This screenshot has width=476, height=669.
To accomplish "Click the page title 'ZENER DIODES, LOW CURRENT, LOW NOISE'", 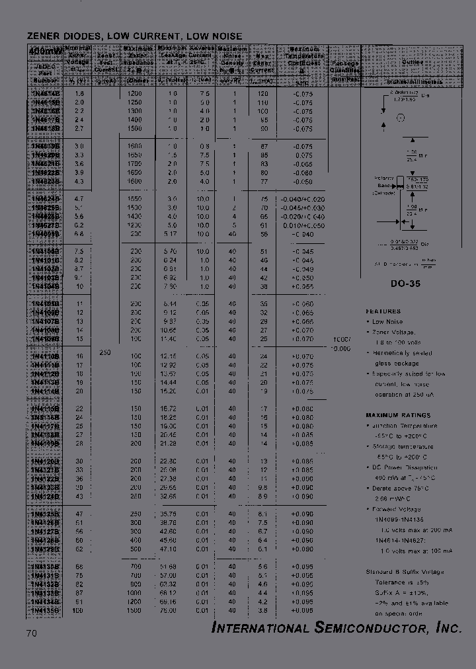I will [134, 36].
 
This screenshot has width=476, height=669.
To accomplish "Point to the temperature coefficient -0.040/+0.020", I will [301, 198].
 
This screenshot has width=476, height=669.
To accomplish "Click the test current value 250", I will [104, 352].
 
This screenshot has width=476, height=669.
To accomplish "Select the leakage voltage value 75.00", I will [171, 611].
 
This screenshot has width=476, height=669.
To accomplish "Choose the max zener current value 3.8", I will [263, 611].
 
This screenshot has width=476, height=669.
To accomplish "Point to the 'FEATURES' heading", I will [383, 311].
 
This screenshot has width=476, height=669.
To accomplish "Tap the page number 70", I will [32, 633].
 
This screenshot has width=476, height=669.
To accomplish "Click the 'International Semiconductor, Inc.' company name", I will [337, 628].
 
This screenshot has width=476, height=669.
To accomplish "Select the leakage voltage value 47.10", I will [171, 549].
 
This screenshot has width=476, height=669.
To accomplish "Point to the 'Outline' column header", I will [413, 61].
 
